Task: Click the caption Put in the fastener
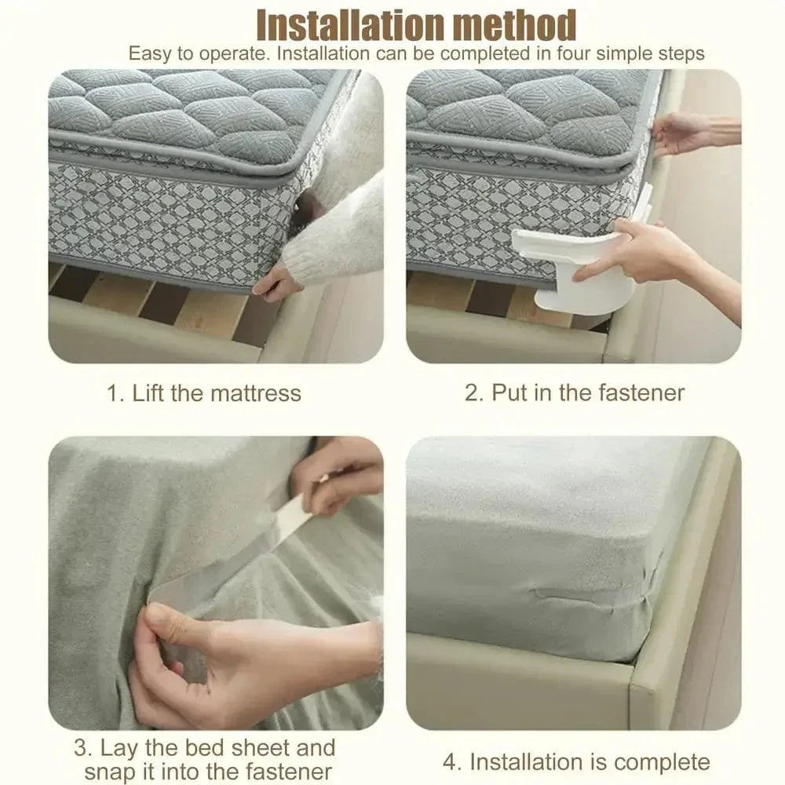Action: pyautogui.click(x=574, y=392)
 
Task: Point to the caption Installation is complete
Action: pyautogui.click(x=589, y=761)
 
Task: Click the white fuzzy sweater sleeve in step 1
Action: pyautogui.click(x=338, y=228)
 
